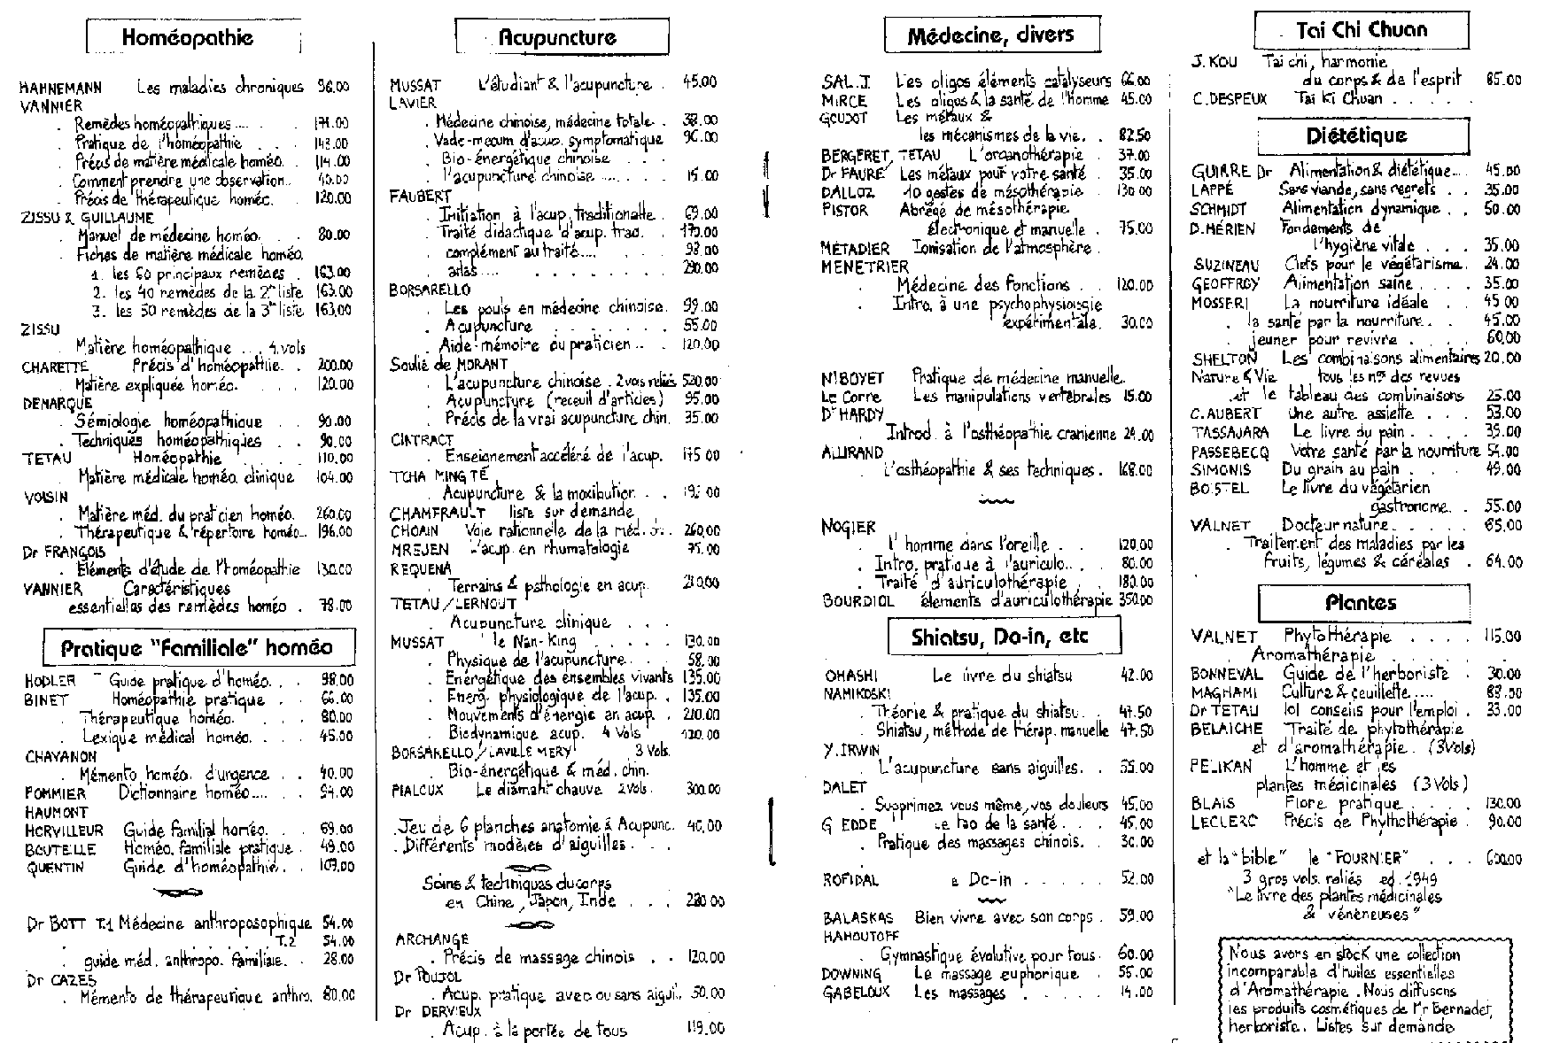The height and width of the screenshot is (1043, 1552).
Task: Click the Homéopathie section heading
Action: (188, 37)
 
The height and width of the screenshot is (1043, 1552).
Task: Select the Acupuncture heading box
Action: (562, 37)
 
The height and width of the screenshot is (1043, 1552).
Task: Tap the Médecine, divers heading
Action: (991, 35)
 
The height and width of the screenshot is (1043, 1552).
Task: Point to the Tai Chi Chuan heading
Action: (1361, 30)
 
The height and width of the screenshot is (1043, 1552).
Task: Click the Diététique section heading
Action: (1362, 136)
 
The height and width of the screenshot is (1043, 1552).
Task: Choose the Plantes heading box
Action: (1361, 604)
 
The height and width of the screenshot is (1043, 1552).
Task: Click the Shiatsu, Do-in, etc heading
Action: (1004, 637)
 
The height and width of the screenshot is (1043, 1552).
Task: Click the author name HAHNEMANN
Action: (60, 88)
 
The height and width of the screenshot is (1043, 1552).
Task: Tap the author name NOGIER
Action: (848, 528)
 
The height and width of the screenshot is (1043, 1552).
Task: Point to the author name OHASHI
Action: (851, 676)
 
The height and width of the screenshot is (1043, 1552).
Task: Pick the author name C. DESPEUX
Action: (1230, 99)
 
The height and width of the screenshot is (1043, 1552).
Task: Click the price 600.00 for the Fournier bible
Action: (1503, 859)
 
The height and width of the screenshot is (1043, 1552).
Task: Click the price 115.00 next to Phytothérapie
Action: (1502, 637)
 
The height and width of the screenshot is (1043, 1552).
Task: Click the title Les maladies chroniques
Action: (220, 87)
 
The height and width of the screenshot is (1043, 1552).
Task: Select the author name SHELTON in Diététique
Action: (1224, 359)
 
